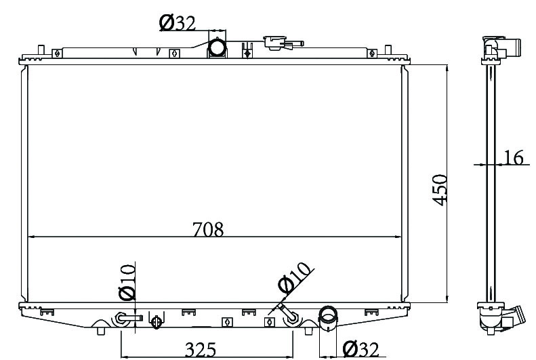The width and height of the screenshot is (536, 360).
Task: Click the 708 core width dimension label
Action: (208, 229)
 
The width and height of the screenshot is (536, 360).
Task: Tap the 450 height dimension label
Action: (440, 190)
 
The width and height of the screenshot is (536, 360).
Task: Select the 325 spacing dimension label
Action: (201, 349)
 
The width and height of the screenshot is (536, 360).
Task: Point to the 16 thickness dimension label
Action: (514, 157)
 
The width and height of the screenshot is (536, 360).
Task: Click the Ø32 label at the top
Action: (178, 23)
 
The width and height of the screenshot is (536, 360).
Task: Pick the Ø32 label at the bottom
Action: (361, 349)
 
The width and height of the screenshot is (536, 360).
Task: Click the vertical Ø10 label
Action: (127, 282)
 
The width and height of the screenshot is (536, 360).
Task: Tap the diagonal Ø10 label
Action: (294, 277)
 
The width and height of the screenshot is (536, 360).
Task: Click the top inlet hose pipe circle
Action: (218, 47)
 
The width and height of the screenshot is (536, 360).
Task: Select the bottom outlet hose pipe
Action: (328, 318)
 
